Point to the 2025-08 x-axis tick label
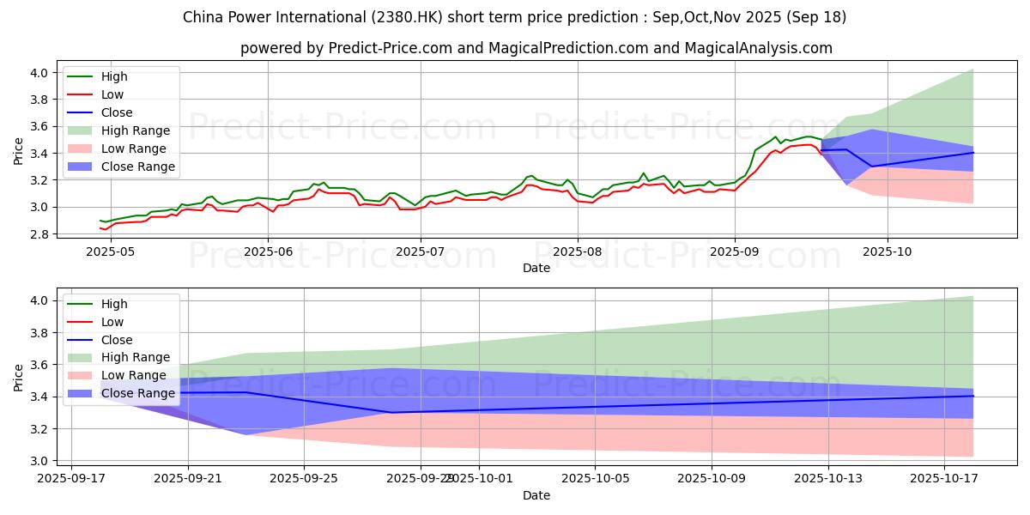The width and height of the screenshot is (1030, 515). click(577, 251)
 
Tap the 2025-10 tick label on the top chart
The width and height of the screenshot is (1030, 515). click(888, 251)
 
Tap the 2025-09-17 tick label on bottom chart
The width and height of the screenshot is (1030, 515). click(71, 478)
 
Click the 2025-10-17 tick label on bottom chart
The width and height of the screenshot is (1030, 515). click(944, 478)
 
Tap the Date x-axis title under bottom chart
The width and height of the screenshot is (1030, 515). click(536, 495)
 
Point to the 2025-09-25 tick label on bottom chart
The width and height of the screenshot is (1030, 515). click(305, 478)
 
